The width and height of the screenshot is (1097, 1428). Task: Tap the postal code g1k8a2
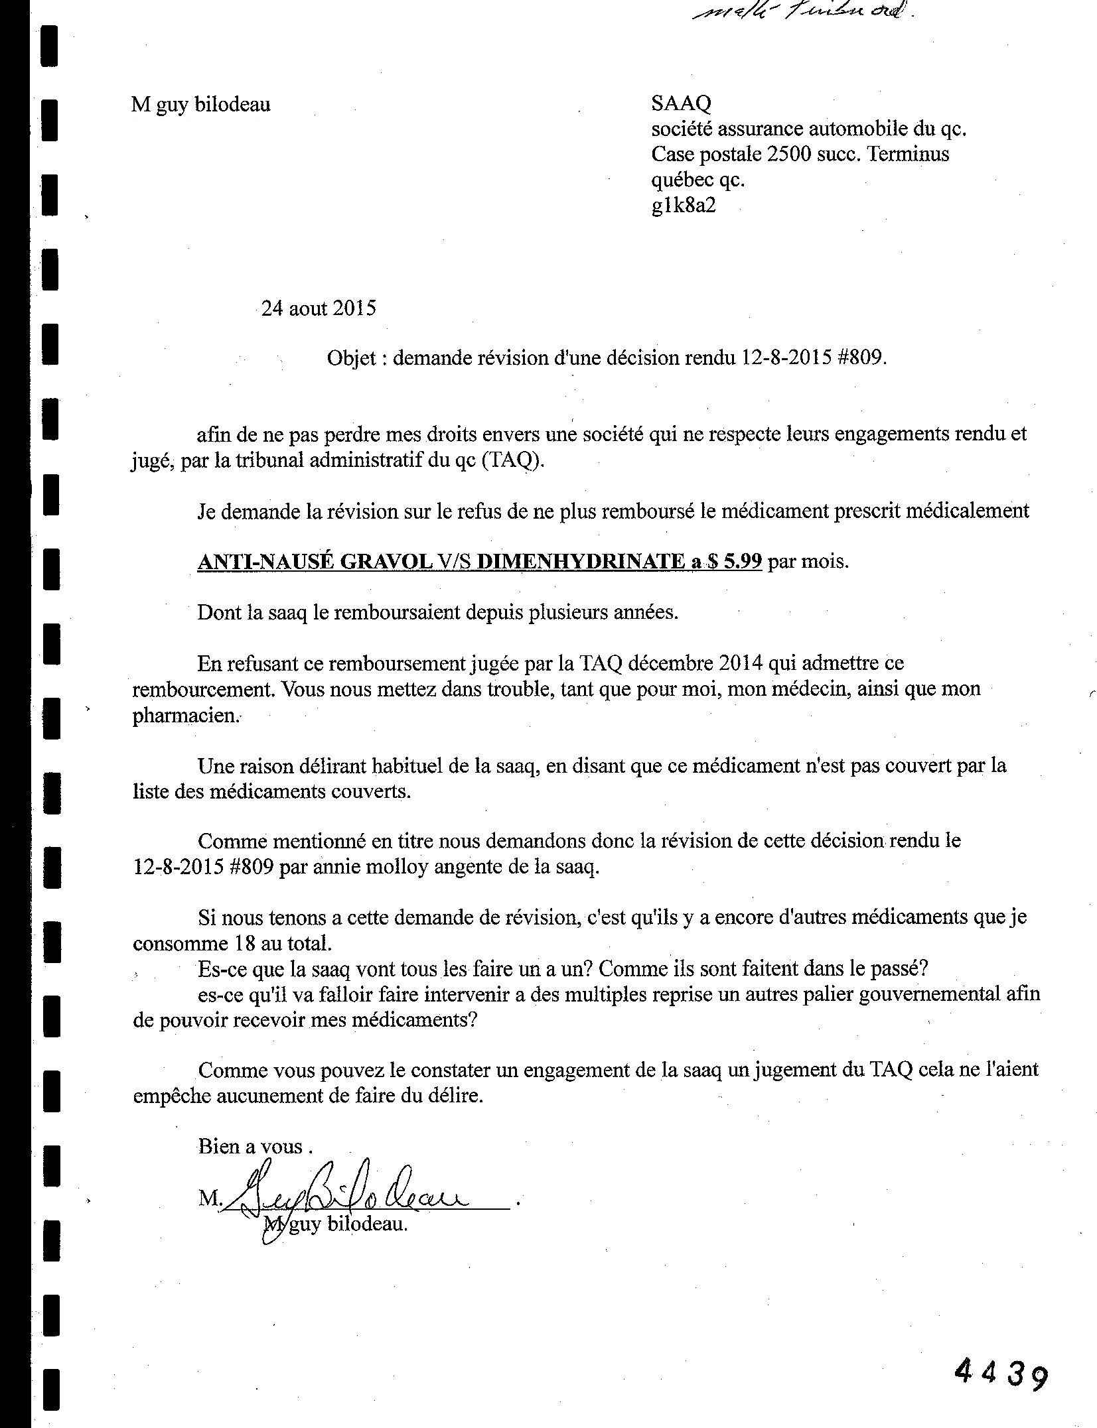tap(684, 205)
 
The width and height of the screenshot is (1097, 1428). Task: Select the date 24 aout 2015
tap(319, 308)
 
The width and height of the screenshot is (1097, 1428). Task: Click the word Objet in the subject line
tap(351, 358)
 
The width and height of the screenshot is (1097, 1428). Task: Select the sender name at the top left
tap(201, 104)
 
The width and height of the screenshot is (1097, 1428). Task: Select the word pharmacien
tap(184, 716)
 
